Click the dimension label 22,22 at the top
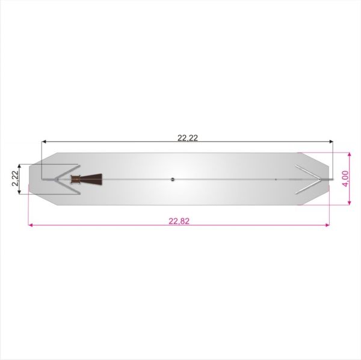coord(188,138)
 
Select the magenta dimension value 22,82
coord(179,221)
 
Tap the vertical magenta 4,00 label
coord(346,178)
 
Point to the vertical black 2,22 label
coord(15,178)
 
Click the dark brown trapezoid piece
coord(91,179)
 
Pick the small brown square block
coord(75,179)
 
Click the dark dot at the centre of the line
coord(173,180)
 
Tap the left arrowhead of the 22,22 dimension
coord(44,141)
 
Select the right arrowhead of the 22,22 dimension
coord(331,141)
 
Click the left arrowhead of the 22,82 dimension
coord(31,225)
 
